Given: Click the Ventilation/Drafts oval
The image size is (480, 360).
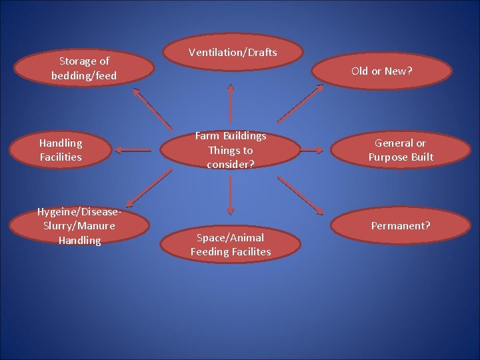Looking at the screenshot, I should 233,52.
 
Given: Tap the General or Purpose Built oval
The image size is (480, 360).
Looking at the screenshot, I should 401,150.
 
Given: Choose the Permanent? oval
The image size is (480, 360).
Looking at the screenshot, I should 401,226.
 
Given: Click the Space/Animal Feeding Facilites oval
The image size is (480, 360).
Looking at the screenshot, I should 231,245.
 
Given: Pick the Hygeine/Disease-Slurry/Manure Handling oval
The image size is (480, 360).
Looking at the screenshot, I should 79,226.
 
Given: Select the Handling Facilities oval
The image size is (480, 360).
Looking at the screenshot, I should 61,150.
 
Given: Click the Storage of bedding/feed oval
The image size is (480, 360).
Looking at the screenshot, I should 84,69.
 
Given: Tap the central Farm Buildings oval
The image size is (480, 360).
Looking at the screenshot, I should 231,150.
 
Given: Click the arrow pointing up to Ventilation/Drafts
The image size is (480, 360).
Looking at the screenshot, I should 231,103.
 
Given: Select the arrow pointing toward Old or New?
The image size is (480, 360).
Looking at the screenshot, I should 301,103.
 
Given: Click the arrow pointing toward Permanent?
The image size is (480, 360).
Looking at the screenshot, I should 301,195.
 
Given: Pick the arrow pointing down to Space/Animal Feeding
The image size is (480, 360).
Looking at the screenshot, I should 231,195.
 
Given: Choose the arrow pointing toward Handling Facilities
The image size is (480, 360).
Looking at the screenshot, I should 137,151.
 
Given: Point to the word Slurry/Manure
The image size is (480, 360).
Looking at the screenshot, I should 79,226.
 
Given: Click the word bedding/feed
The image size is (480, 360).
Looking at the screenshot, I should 84,76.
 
